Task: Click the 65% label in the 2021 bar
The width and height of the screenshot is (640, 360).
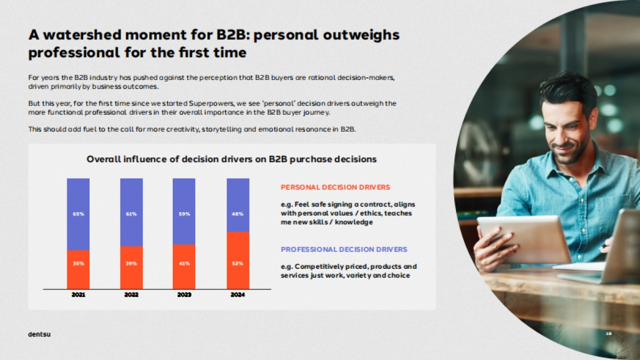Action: click(78, 214)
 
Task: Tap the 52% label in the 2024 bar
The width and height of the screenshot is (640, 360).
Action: click(238, 263)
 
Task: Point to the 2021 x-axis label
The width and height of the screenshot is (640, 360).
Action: click(78, 294)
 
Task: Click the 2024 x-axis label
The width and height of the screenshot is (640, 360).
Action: click(238, 294)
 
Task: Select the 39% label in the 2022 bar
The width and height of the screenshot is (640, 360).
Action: click(131, 263)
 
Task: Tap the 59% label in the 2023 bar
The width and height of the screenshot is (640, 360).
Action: click(184, 214)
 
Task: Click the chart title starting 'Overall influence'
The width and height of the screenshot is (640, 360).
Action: click(231, 159)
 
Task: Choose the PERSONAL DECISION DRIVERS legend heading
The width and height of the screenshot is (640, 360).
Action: click(335, 187)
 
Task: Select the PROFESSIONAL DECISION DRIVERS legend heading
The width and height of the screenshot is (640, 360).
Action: click(344, 249)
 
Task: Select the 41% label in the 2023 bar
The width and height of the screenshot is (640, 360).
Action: click(184, 263)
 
